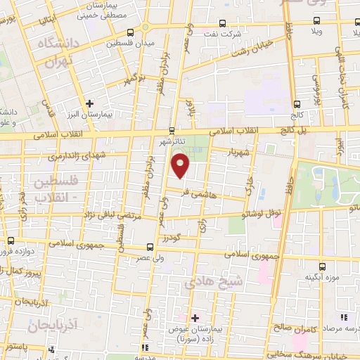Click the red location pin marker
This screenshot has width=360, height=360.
pyautogui.click(x=181, y=165)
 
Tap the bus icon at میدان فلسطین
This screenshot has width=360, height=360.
pyautogui.click(x=131, y=32)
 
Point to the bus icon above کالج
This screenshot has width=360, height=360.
pyautogui.click(x=297, y=102)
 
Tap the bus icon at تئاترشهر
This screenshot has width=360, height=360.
pyautogui.click(x=172, y=130)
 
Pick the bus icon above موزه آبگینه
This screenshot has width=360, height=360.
pyautogui.click(x=322, y=266)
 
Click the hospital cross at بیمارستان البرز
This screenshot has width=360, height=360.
pyautogui.click(x=89, y=103)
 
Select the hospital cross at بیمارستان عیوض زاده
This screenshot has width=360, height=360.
pyautogui.click(x=195, y=318)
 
